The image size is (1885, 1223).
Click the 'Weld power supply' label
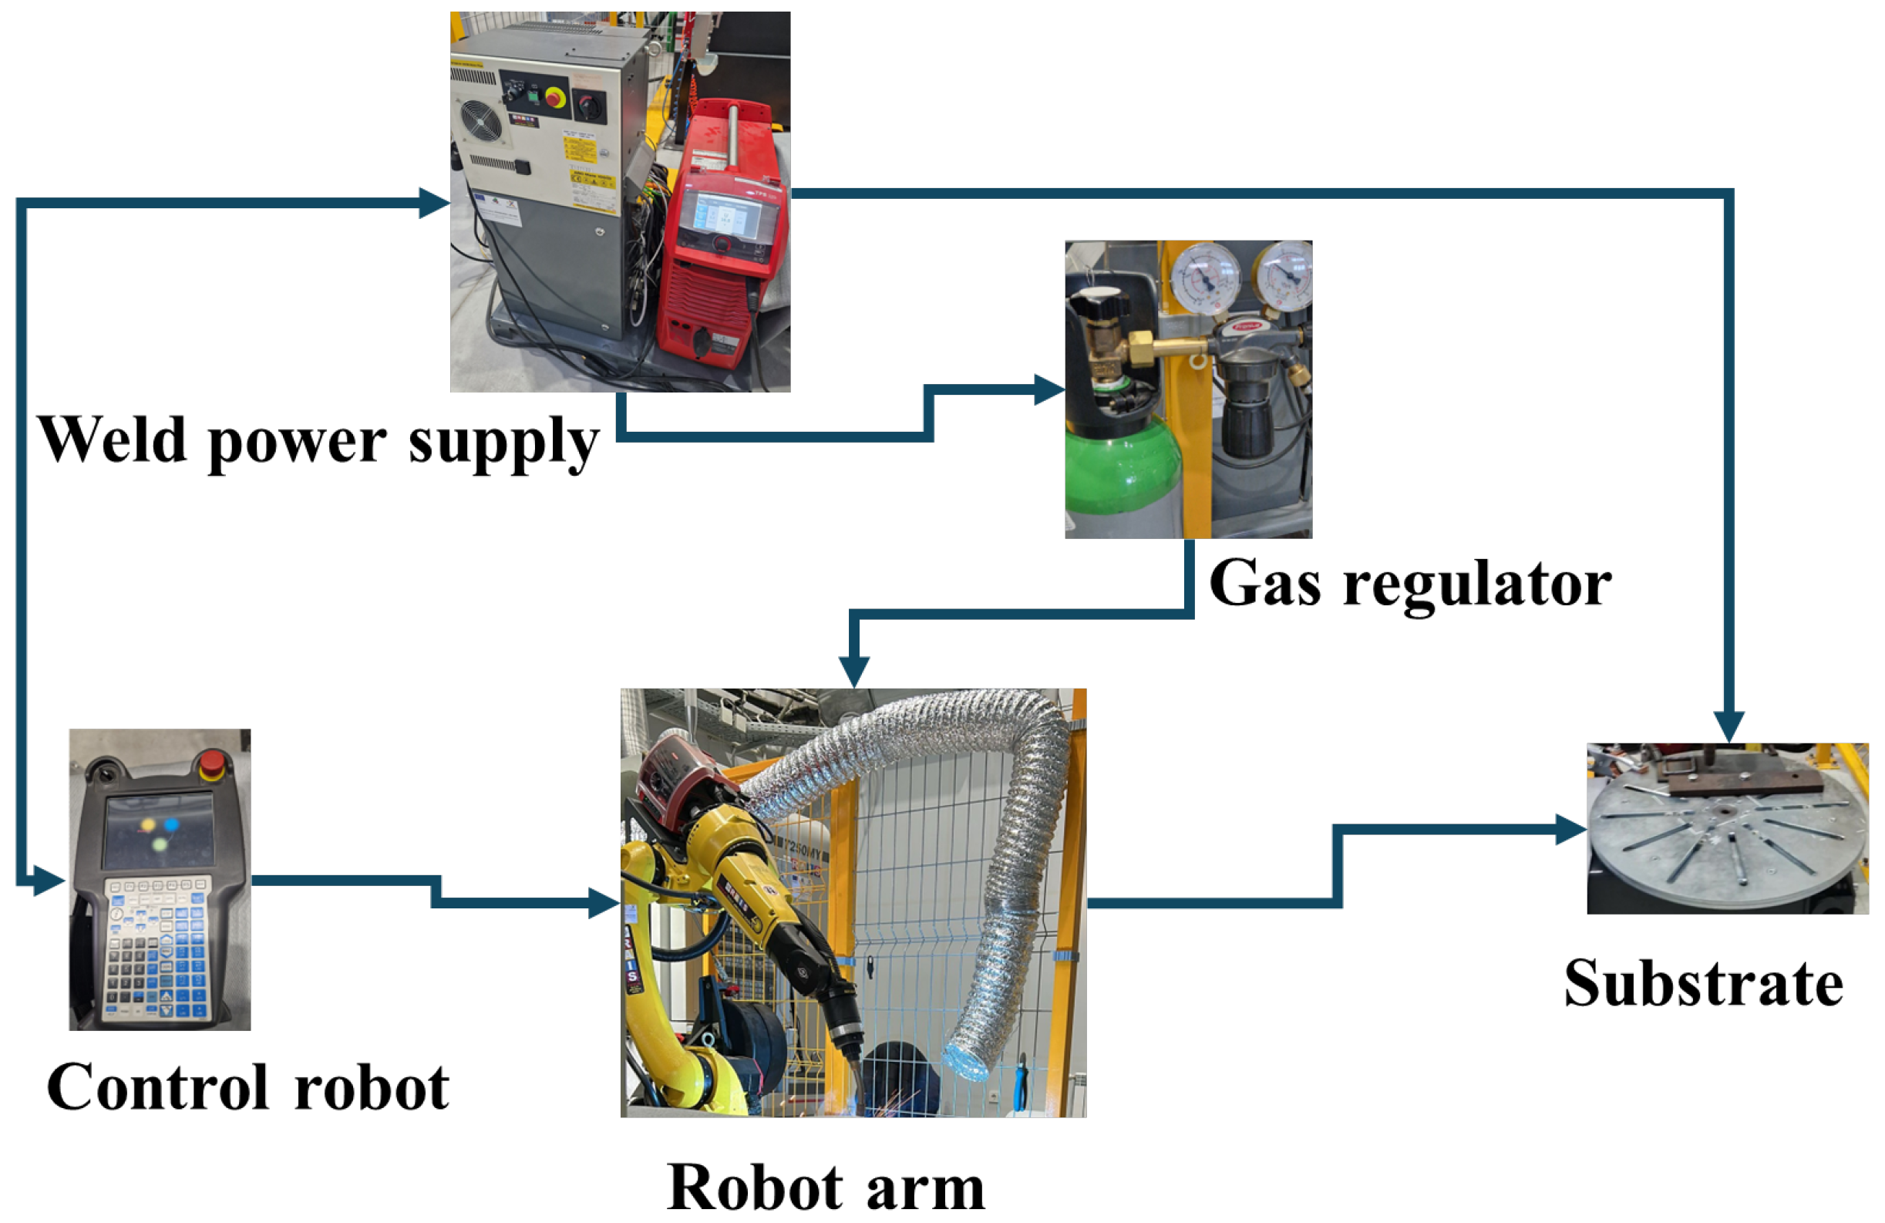tap(318, 441)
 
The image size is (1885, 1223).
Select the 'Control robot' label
tap(248, 1087)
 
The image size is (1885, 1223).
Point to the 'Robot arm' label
tap(826, 1188)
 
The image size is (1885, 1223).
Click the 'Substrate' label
tap(1704, 983)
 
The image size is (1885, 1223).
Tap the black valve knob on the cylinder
tap(1097, 303)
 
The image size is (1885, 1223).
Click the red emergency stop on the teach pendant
tap(212, 765)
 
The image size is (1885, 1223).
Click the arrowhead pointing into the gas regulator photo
tap(1050, 389)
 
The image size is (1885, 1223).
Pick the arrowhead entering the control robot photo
tap(49, 880)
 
